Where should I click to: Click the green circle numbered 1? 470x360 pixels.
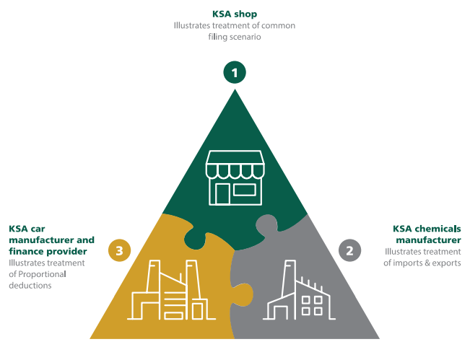click(x=235, y=72)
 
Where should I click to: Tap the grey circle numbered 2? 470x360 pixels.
click(x=350, y=251)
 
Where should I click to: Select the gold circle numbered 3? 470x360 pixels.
click(x=119, y=251)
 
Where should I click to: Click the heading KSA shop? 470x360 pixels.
click(x=235, y=13)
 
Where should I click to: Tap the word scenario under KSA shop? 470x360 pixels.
click(x=245, y=37)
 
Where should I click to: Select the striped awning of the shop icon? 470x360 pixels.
click(x=235, y=165)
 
